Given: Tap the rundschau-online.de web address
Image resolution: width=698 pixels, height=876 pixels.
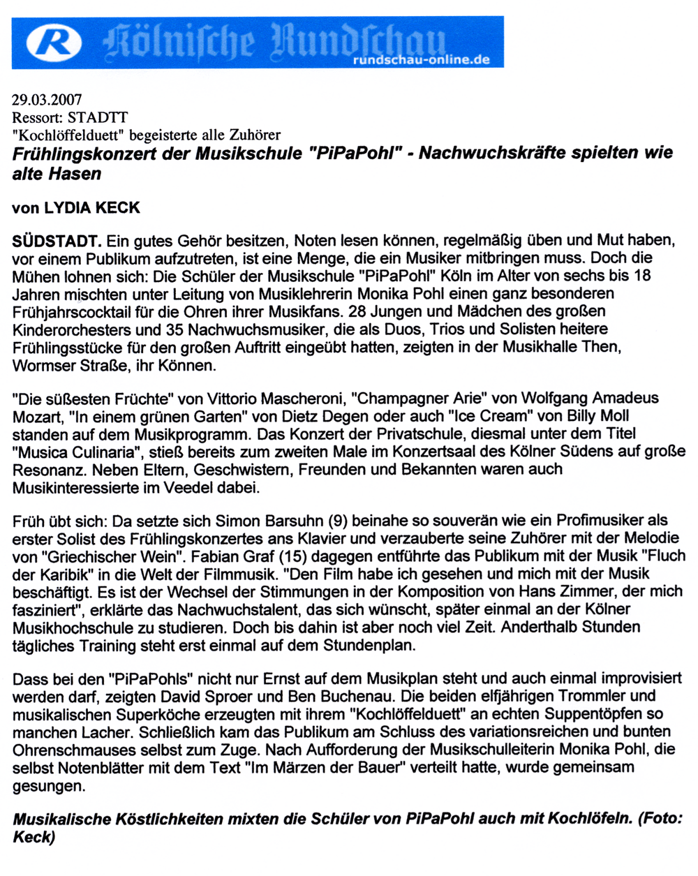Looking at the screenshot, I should pos(422,60).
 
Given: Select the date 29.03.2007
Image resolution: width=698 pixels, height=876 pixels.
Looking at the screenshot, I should pos(47,101).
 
